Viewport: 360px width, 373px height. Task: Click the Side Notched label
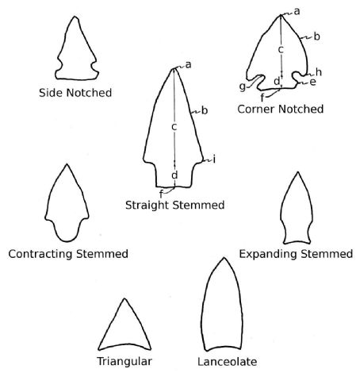coord(75,93)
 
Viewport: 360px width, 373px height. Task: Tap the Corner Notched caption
coord(281,109)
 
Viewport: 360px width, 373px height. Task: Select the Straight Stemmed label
coord(175,206)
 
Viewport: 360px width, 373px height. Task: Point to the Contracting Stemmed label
coord(68,254)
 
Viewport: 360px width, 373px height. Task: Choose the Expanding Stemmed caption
coord(296,254)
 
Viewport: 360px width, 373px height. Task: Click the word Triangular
coord(124,361)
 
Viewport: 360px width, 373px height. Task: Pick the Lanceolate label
coord(228,362)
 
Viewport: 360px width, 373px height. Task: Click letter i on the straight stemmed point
coord(214,160)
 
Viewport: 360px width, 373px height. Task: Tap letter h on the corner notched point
coord(319,72)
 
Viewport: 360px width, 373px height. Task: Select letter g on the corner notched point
coord(243,87)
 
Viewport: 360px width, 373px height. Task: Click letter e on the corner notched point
coord(312,83)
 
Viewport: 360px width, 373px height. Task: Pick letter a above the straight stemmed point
coord(188,65)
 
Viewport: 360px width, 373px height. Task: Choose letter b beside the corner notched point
coord(317,37)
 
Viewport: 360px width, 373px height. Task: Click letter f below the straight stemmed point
coord(161,194)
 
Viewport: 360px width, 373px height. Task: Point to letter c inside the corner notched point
coord(281,49)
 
